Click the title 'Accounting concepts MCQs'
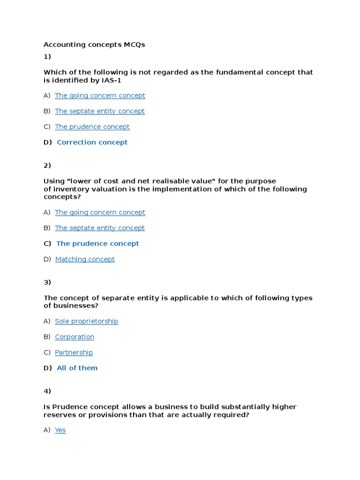pos(94,45)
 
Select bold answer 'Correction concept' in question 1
pos(92,142)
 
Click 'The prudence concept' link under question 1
pos(92,127)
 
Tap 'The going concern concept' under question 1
pos(100,96)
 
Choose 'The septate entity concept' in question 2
pos(99,228)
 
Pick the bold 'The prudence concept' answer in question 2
pos(97,243)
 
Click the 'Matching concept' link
pos(85,259)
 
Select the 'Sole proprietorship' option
pos(86,321)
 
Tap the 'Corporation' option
pos(75,337)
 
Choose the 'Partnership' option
pos(74,352)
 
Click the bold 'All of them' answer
pos(77,368)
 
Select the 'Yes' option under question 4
pos(60,430)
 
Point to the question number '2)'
pos(47,165)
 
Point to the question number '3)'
pos(47,282)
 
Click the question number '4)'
pos(47,391)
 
